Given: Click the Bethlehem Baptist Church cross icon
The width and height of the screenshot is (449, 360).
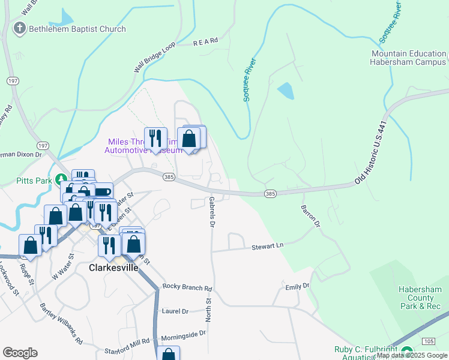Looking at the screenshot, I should click(20, 29).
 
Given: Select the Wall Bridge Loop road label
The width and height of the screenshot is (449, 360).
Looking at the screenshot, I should click(154, 57).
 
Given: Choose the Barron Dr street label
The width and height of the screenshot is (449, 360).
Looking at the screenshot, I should click(310, 218).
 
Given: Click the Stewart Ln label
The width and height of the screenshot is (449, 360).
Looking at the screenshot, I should click(267, 245).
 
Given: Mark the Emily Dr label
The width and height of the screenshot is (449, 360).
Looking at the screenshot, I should click(297, 287).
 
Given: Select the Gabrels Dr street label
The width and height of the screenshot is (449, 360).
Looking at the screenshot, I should click(211, 212).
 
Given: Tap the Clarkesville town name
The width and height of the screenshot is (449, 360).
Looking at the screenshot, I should click(113, 268).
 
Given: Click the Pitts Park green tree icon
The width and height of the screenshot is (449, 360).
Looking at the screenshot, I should click(61, 179).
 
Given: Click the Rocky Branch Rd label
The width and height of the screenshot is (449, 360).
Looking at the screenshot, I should click(187, 287).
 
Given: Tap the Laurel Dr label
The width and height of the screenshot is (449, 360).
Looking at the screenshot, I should click(175, 311).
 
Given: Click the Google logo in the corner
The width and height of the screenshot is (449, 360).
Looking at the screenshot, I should click(20, 353).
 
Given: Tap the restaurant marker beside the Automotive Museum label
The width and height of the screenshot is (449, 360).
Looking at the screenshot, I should click(155, 139).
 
